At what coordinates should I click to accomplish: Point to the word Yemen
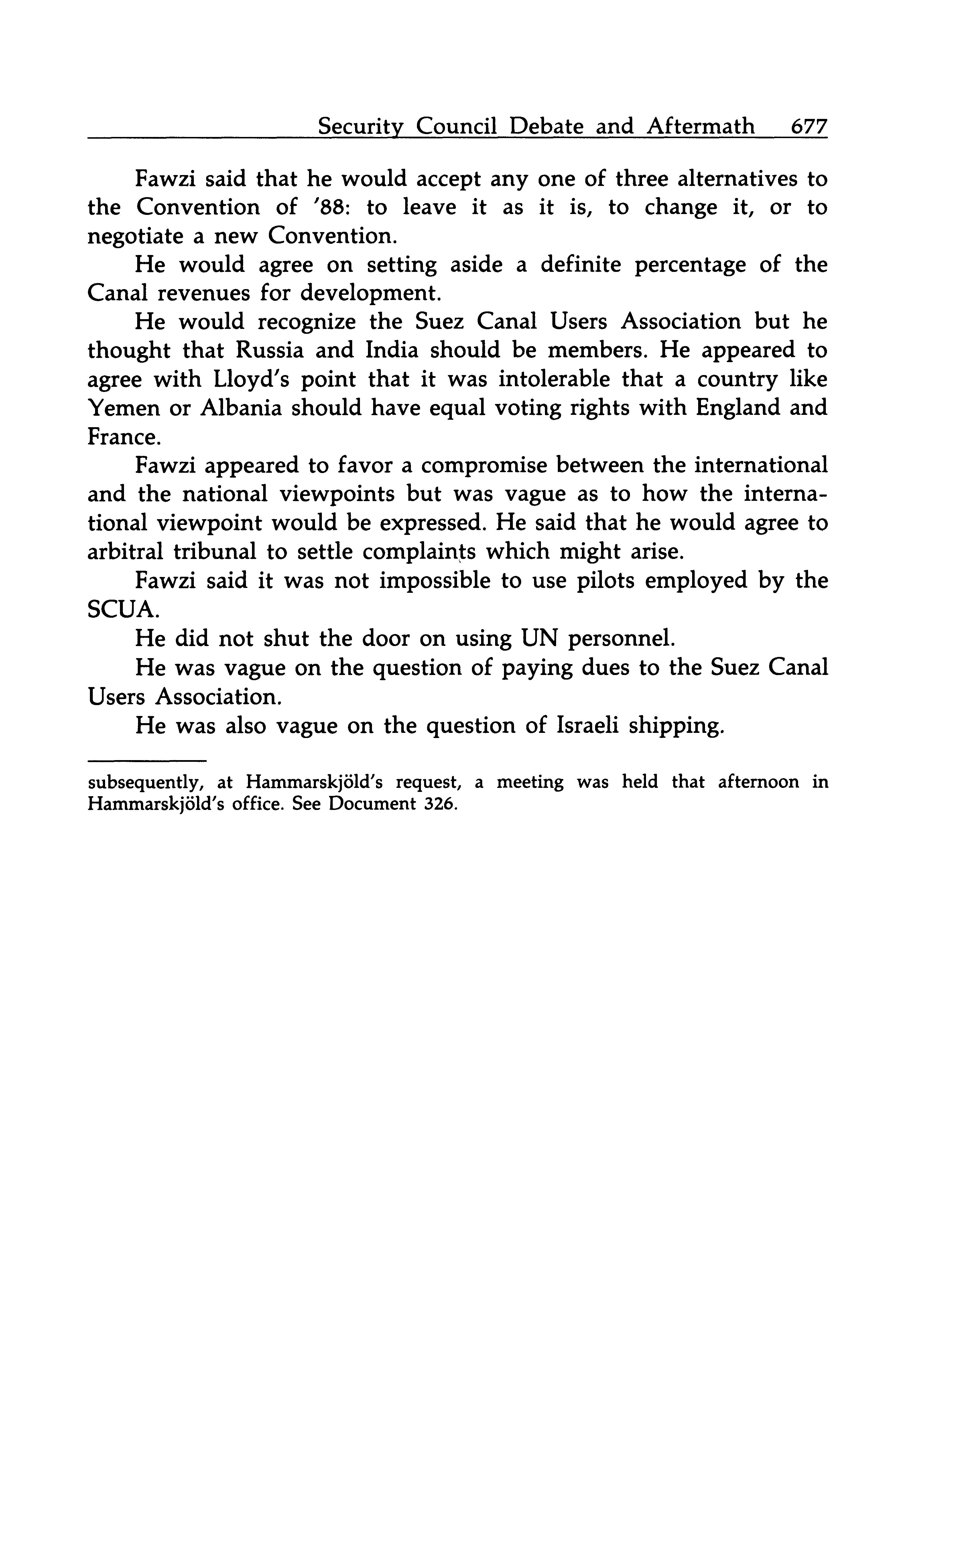(x=123, y=407)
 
